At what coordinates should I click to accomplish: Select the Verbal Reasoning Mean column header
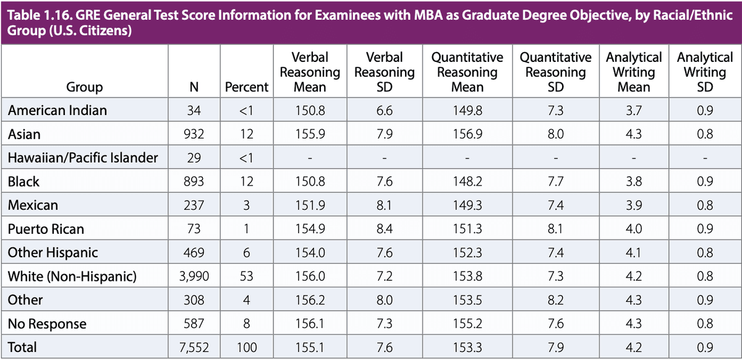[310, 72]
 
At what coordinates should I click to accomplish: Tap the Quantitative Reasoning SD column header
[555, 72]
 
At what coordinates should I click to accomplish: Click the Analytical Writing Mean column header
[634, 72]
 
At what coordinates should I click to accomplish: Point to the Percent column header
[247, 87]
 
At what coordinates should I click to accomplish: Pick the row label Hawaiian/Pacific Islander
[83, 158]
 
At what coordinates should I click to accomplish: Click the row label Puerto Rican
[46, 229]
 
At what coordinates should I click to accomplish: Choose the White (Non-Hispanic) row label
[71, 276]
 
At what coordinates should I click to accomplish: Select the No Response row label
[47, 324]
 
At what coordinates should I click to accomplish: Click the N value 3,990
[194, 276]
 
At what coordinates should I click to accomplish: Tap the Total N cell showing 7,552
[194, 347]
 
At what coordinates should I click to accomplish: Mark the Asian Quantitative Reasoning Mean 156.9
[467, 134]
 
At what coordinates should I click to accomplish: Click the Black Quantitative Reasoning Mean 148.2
[467, 182]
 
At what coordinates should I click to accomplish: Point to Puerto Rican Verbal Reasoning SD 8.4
[384, 229]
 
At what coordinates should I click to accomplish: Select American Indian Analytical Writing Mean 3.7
[634, 111]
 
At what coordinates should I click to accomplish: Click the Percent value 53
[247, 276]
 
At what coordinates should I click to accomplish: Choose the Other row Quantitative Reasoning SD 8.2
[555, 300]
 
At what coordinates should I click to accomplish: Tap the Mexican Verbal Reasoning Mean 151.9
[310, 205]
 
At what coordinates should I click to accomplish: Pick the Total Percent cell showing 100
[247, 347]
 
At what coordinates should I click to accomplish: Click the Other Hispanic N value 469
[194, 252]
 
